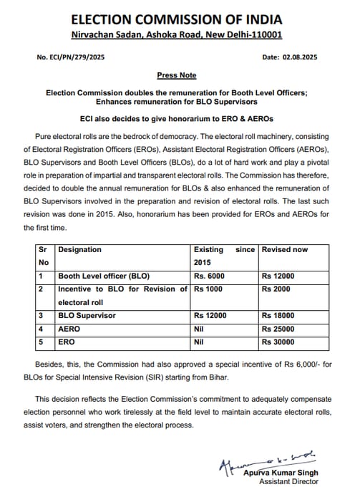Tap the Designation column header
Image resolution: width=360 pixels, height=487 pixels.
tap(79, 250)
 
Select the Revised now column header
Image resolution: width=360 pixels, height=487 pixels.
tap(285, 250)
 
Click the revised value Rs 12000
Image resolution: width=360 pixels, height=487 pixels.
tap(278, 276)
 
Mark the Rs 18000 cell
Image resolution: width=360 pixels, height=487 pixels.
tap(278, 316)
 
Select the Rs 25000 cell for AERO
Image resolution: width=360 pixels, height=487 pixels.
tap(278, 329)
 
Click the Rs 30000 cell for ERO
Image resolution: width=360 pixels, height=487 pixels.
tap(278, 342)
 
